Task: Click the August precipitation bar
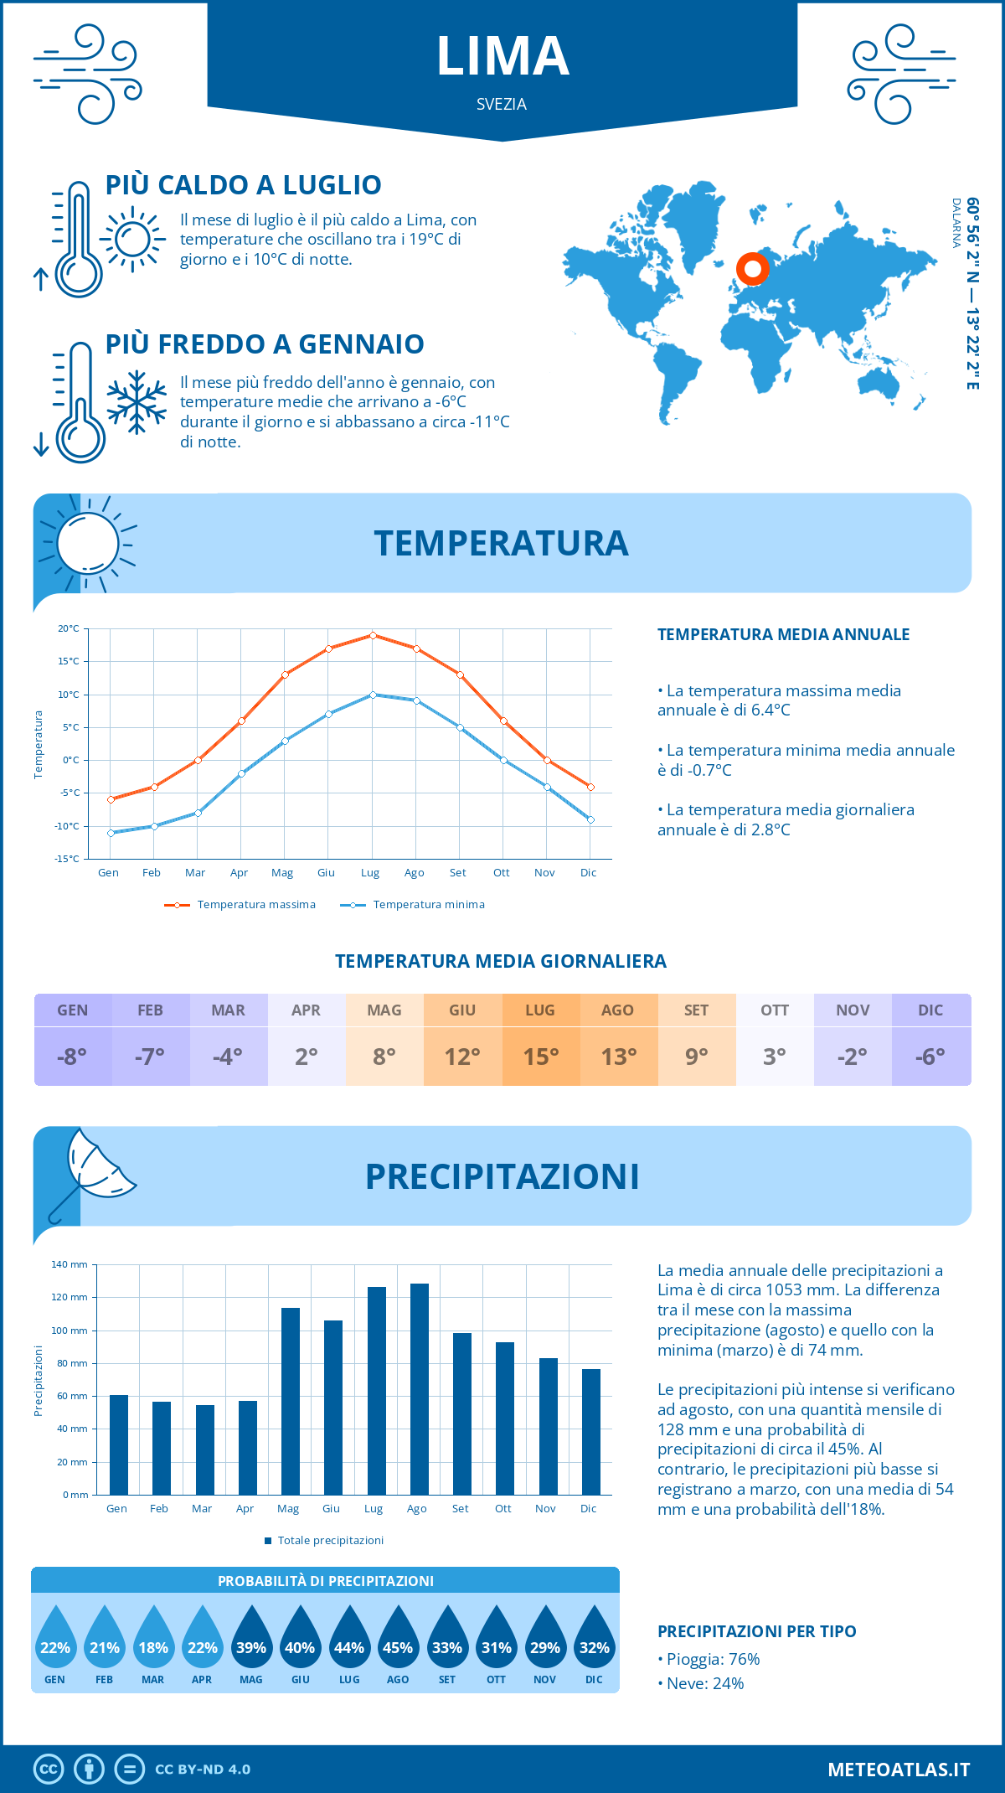click(x=420, y=1388)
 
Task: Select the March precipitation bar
click(x=205, y=1449)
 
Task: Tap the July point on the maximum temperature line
click(x=373, y=635)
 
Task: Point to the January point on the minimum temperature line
click(x=111, y=833)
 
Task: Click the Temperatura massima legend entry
click(x=240, y=905)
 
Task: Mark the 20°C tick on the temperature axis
click(x=69, y=628)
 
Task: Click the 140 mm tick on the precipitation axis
click(x=70, y=1264)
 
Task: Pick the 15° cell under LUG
click(x=540, y=1057)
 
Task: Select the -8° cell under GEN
click(x=73, y=1057)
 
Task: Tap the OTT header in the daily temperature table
click(x=775, y=1010)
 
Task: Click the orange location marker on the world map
click(x=753, y=269)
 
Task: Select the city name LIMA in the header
click(x=502, y=57)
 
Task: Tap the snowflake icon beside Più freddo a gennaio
click(x=137, y=402)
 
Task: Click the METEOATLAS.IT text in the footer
click(x=899, y=1770)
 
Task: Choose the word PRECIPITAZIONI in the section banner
click(x=502, y=1176)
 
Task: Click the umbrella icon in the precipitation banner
click(x=92, y=1173)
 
